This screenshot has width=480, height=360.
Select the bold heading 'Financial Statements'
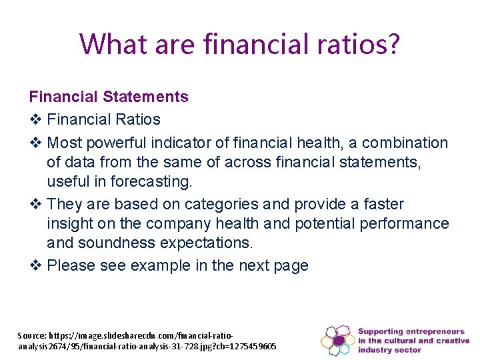(109, 97)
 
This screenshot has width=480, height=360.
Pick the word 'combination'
(405, 143)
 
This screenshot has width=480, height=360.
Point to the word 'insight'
(70, 223)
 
